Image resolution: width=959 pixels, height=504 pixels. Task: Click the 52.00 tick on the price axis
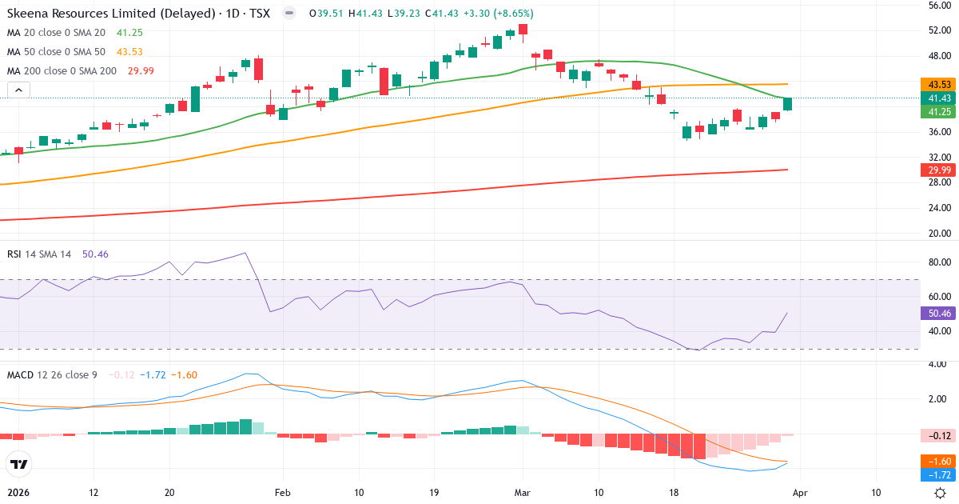point(937,30)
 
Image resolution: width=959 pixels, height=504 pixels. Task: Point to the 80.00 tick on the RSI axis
point(937,262)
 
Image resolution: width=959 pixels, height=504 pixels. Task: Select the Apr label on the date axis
point(802,493)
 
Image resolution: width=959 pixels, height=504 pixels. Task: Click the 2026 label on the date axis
point(18,493)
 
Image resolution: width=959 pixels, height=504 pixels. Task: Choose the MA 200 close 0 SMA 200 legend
point(62,71)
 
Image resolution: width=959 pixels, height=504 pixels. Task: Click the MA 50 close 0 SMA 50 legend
point(56,51)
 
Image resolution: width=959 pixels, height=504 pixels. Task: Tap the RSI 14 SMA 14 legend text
point(39,254)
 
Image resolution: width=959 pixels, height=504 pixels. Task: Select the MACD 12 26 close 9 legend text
point(52,374)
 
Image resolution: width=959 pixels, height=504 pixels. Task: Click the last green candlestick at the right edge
point(787,104)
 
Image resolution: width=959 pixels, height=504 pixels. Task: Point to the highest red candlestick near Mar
point(523,30)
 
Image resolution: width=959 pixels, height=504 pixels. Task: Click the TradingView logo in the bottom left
point(18,464)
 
